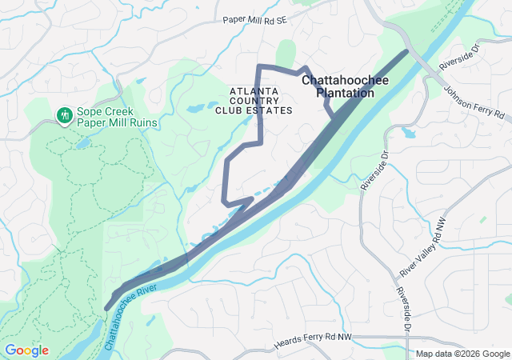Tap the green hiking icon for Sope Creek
pyautogui.click(x=64, y=116)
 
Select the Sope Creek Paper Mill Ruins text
pyautogui.click(x=116, y=117)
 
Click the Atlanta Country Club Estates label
pyautogui.click(x=254, y=101)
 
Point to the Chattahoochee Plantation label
pyautogui.click(x=338, y=86)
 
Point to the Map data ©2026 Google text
pyautogui.click(x=462, y=354)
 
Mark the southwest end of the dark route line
pyautogui.click(x=107, y=307)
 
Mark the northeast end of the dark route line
pyautogui.click(x=406, y=52)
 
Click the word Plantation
pyautogui.click(x=346, y=93)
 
